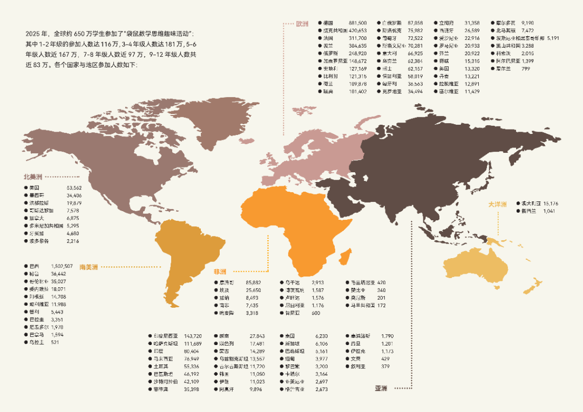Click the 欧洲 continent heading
(x=302, y=24)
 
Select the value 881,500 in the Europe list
(x=358, y=23)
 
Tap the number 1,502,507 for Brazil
(x=62, y=266)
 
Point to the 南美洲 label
(x=89, y=267)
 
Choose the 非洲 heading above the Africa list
(x=220, y=271)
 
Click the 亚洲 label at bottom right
(x=382, y=388)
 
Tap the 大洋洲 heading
(x=497, y=204)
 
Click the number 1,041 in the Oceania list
(x=550, y=211)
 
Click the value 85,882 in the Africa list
(x=253, y=282)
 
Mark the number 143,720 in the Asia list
(x=193, y=336)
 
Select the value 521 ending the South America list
(x=55, y=342)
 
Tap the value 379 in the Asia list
(x=385, y=367)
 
